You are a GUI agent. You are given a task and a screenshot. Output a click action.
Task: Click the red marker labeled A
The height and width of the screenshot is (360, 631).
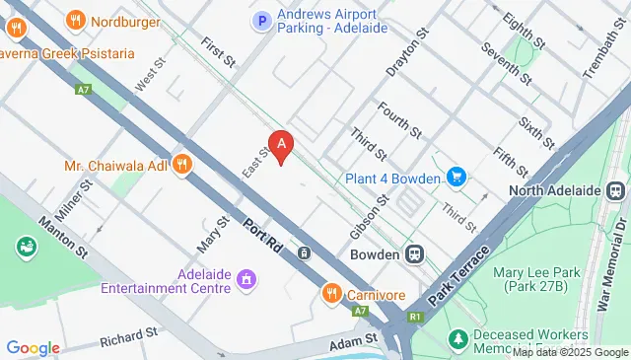283,146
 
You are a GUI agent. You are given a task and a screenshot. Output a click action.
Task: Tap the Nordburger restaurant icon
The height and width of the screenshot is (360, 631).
75,20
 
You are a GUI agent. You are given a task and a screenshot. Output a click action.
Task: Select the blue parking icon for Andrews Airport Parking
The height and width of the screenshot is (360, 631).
261,20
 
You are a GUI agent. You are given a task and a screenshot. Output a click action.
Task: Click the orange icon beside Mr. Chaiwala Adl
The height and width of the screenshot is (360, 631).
181,165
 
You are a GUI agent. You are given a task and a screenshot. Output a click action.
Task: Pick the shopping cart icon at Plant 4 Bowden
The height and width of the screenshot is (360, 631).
456,178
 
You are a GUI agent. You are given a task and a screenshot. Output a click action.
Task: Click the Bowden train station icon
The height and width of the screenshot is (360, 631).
417,254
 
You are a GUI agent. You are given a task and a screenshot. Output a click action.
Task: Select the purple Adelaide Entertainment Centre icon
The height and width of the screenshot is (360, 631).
245,283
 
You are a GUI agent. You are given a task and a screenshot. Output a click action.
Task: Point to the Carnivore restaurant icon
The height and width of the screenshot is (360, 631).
332,293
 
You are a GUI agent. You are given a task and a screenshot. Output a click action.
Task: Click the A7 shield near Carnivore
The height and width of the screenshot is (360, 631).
361,312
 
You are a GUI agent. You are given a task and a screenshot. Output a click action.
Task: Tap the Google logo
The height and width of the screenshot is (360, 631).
33,347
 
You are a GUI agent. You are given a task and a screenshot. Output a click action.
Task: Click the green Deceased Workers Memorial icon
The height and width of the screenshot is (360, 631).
457,339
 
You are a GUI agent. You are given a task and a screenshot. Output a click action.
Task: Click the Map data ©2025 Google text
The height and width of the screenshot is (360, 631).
569,352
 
